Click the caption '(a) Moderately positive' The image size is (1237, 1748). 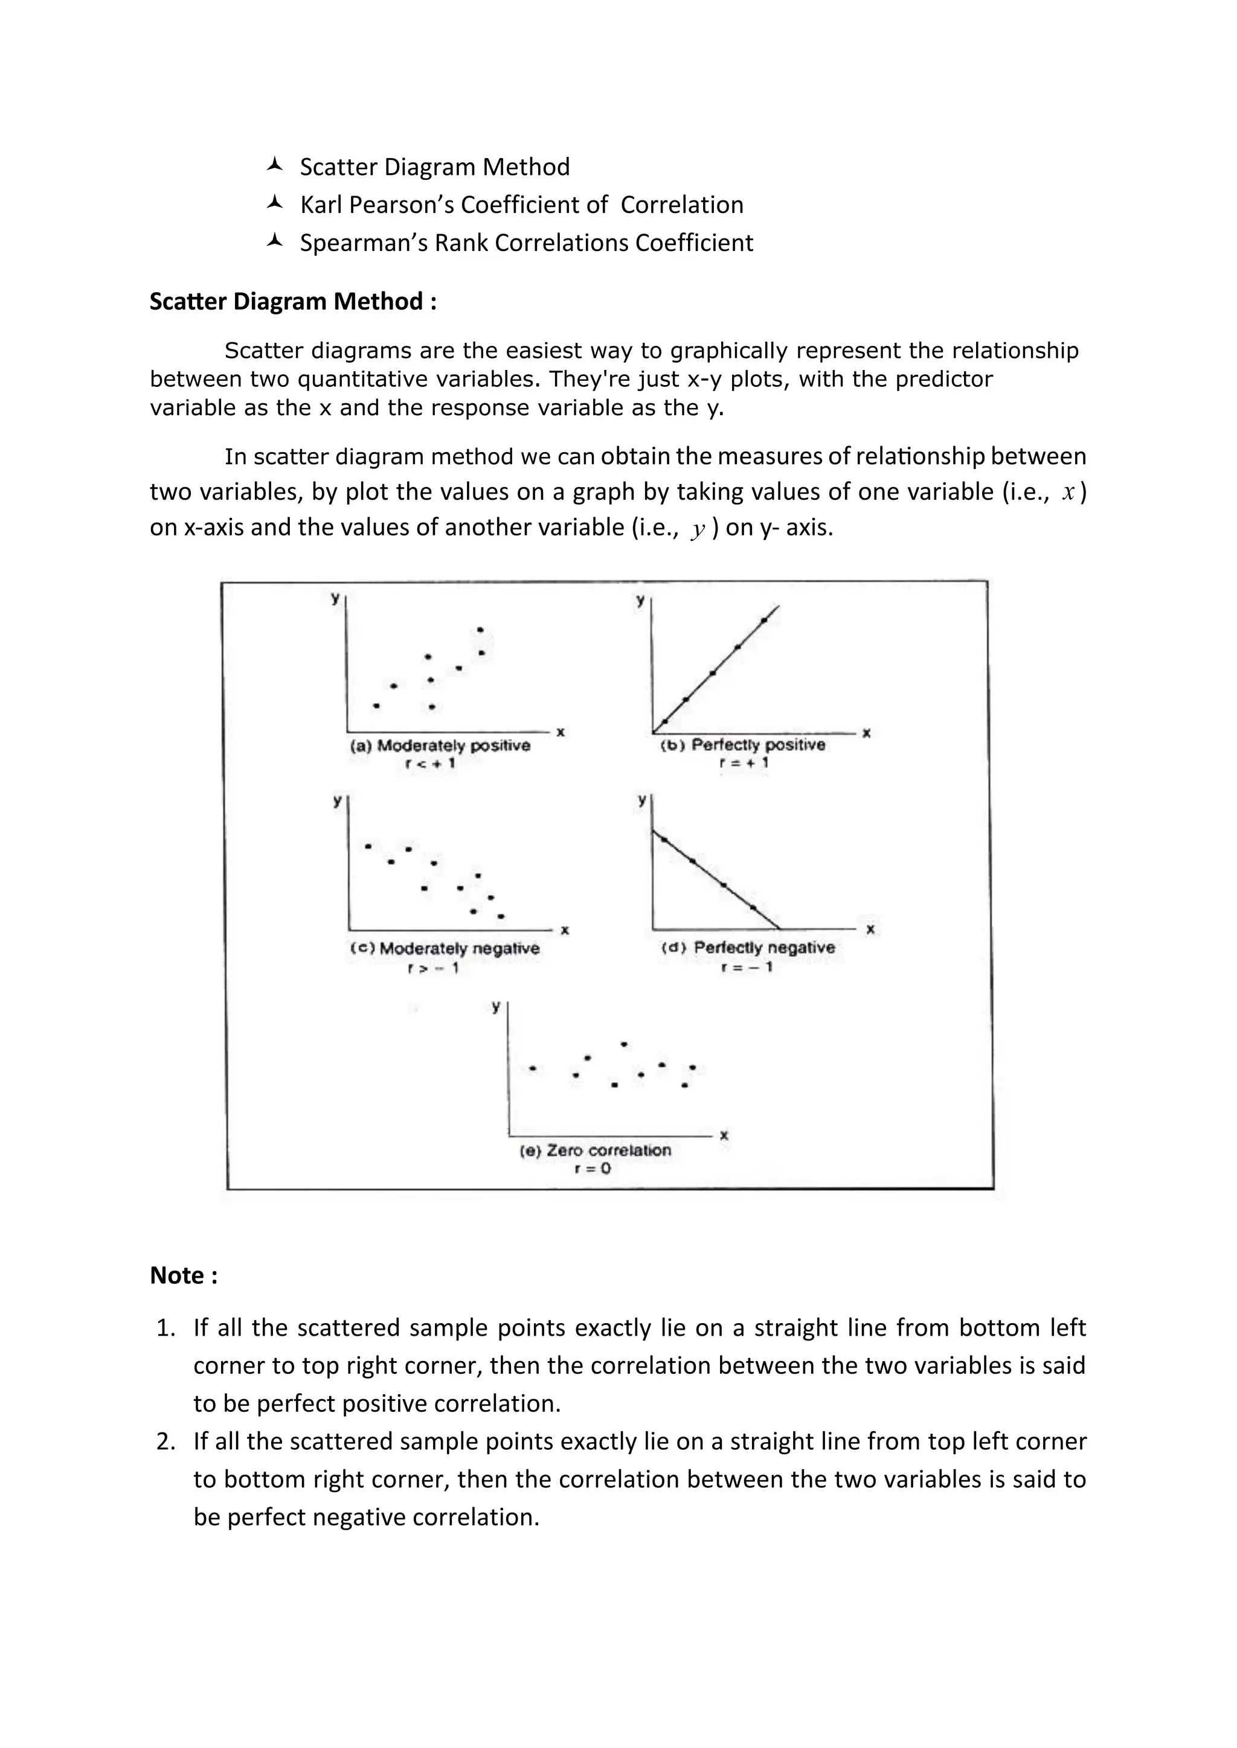(x=440, y=745)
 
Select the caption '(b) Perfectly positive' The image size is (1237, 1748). (x=743, y=745)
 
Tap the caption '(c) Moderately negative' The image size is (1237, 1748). (x=445, y=949)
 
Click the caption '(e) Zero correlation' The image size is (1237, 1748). (x=595, y=1150)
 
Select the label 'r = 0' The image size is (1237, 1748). (x=593, y=1169)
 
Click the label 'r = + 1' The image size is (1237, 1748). (x=744, y=763)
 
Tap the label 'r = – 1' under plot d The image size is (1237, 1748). (x=747, y=967)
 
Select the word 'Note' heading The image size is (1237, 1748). (x=177, y=1275)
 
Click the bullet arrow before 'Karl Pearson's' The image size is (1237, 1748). (x=275, y=203)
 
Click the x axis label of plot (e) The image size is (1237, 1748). (x=724, y=1135)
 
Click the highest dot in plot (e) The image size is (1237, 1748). (x=625, y=1045)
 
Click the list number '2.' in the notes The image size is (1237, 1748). (x=166, y=1441)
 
